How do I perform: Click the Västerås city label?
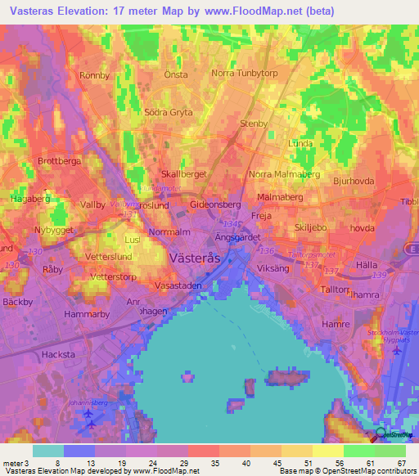195,257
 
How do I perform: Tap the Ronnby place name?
94,75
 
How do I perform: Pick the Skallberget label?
184,174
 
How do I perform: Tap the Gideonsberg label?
215,204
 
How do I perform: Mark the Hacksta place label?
58,355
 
